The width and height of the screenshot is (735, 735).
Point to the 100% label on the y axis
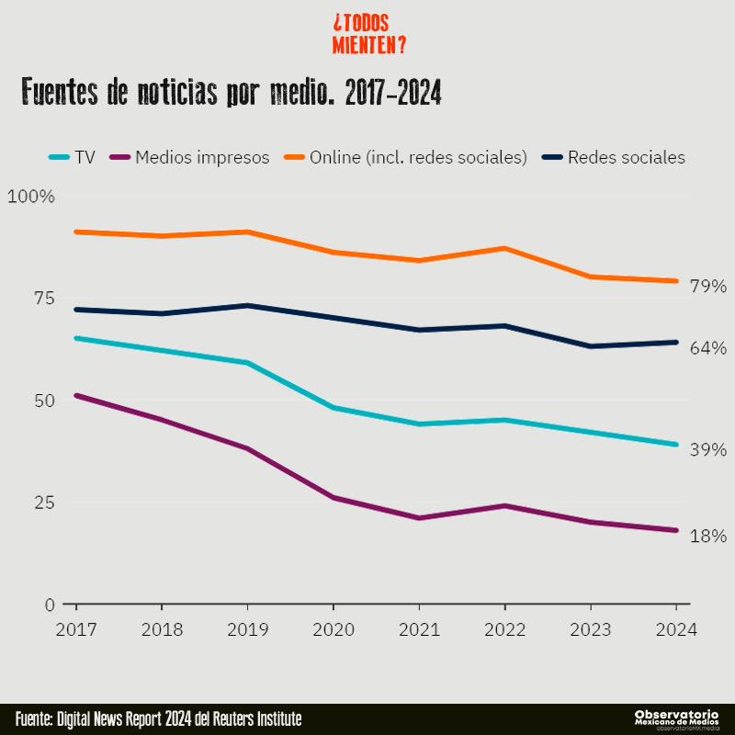31,197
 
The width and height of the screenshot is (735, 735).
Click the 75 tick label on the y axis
43,299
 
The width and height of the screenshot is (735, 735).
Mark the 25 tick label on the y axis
43,503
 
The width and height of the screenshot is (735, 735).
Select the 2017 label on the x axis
76,630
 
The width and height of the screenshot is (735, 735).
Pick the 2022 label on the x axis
504,630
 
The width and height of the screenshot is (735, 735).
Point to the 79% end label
708,287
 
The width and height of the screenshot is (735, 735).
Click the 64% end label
708,348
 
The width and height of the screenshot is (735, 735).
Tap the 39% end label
708,450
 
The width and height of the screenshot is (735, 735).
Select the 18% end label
708,536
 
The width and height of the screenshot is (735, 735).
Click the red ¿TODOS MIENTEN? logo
368,34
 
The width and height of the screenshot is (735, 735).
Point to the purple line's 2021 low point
419,518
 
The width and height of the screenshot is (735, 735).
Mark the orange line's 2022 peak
504,248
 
